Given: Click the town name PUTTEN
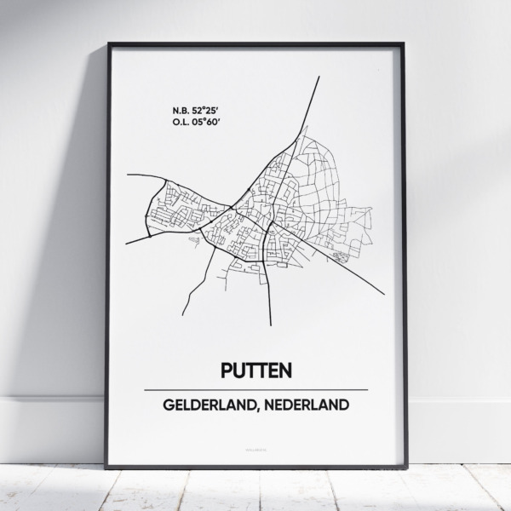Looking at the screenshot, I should (x=256, y=370).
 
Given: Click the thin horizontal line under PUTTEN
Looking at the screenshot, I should (x=256, y=389).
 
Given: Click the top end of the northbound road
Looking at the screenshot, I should (x=319, y=78).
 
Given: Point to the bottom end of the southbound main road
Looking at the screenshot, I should (x=271, y=324).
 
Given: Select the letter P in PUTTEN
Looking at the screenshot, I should (x=227, y=370).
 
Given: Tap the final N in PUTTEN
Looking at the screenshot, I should (x=286, y=370).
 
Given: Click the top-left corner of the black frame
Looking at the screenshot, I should (x=107, y=43).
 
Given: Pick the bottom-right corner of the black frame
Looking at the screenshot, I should (x=406, y=468).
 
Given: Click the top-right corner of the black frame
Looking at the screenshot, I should (x=406, y=43).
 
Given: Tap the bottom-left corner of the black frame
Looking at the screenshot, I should (x=107, y=468).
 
